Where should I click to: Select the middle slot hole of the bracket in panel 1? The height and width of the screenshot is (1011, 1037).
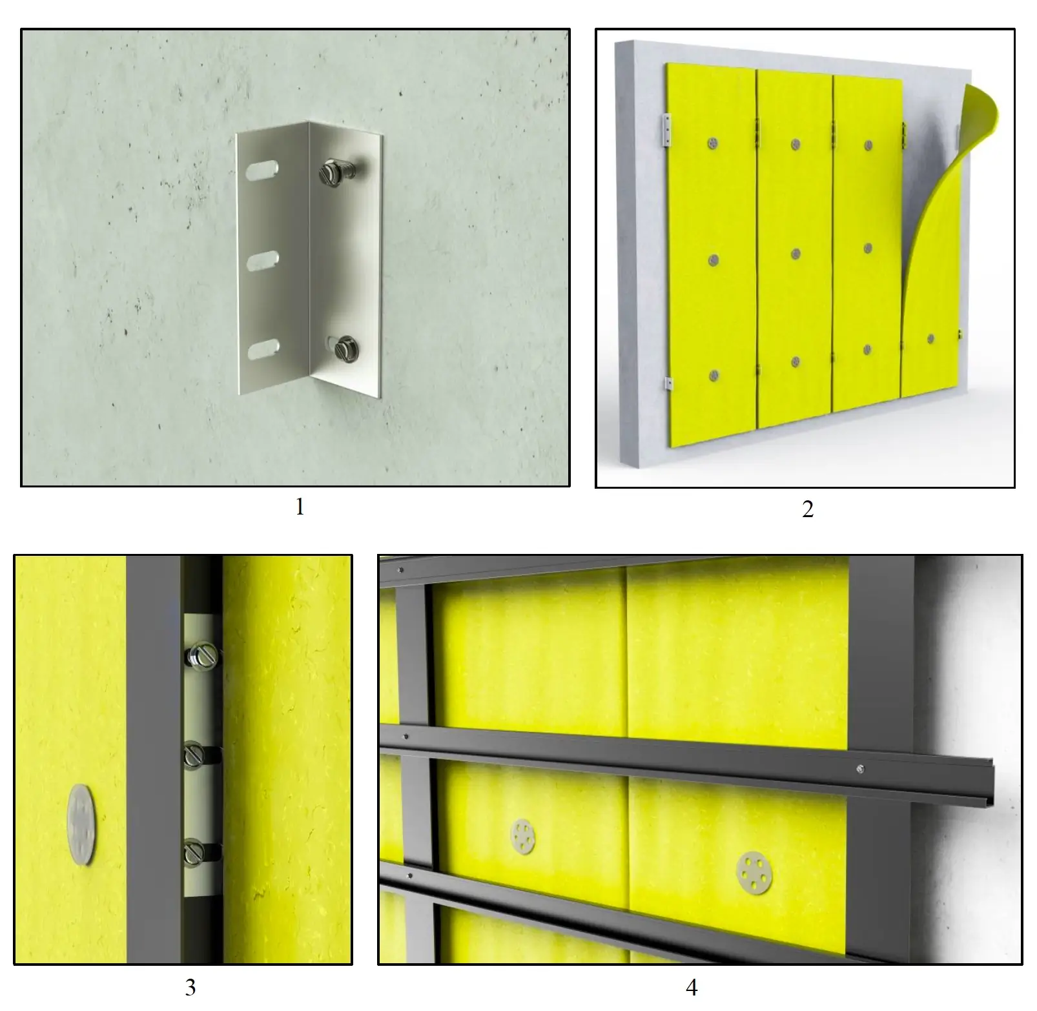point(263,260)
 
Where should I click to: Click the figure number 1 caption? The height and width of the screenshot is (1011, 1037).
point(299,507)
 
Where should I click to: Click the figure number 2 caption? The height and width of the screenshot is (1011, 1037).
point(807,509)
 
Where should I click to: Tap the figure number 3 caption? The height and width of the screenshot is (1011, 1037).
point(190,986)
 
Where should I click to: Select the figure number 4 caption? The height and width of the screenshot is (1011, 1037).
point(692,986)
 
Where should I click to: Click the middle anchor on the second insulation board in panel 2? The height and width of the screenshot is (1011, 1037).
point(796,254)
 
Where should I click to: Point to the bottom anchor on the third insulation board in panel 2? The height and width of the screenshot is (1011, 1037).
point(868,351)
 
